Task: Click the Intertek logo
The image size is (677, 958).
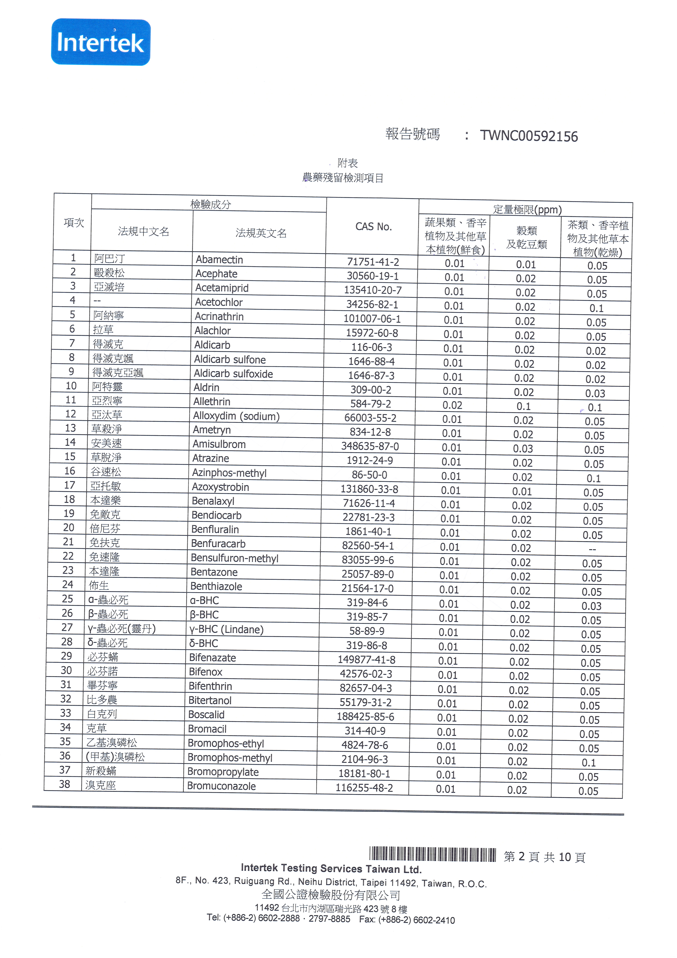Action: coord(101,42)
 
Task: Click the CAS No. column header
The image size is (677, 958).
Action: coord(373,227)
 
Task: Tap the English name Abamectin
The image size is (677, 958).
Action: coord(219,260)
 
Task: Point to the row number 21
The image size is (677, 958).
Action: coord(68,542)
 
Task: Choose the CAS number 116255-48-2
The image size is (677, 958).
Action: coord(364,788)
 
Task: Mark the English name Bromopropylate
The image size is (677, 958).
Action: coord(223,772)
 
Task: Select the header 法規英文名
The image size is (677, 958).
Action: coord(261,233)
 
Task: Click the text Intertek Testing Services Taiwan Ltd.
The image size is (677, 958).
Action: coord(331,869)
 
